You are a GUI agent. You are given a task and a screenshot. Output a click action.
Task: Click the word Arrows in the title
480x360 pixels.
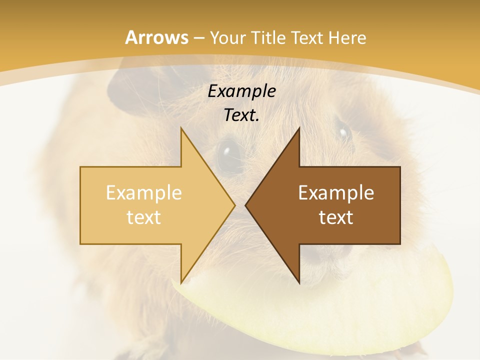tap(157, 37)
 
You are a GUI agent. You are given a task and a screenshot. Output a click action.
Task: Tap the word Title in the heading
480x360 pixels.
tap(267, 37)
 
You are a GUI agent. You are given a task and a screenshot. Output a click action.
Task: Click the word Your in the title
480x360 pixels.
tap(227, 38)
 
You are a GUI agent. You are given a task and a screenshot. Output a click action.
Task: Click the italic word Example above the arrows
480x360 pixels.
tap(242, 91)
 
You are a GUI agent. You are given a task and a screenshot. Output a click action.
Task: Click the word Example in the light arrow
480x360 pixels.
tap(144, 193)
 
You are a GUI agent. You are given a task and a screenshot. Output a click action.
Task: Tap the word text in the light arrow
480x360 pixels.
tap(144, 217)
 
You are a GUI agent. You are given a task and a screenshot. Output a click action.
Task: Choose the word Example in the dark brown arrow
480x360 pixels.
tap(336, 193)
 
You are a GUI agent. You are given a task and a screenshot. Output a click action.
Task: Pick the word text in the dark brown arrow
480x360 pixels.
tap(336, 217)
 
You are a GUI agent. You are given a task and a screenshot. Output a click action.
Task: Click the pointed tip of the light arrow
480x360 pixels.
tap(235, 205)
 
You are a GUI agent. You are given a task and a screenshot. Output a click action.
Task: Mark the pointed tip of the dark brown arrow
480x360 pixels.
tap(245, 205)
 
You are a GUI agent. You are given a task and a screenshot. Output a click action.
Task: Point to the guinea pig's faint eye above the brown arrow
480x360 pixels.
tap(343, 132)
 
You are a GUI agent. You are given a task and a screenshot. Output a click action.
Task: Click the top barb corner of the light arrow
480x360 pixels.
tap(181, 128)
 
